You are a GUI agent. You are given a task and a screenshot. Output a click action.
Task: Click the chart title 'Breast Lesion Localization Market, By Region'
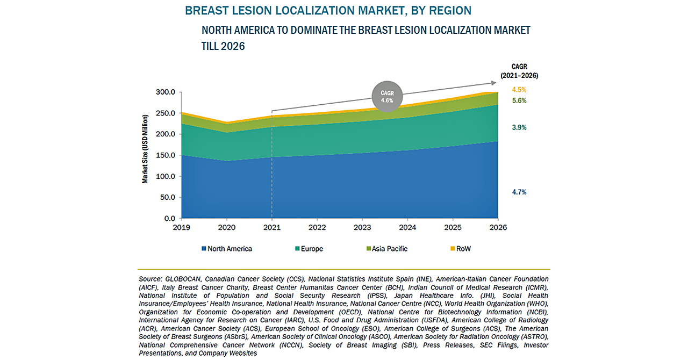coord(328,10)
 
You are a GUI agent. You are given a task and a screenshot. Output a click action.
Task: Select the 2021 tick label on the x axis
coord(272,227)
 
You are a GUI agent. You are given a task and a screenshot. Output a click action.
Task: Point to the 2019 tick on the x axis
coord(182,227)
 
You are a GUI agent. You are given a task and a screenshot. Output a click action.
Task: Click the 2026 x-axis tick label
coord(498,227)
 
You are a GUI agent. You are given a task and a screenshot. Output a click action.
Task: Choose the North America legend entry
coord(226,249)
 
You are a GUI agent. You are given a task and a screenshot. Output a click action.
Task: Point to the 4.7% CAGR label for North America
coord(519,192)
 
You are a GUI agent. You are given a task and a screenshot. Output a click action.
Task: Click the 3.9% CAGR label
coord(519,128)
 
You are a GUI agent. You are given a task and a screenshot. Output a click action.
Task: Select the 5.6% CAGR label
coord(519,101)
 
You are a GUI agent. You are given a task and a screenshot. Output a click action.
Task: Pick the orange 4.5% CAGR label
coord(519,90)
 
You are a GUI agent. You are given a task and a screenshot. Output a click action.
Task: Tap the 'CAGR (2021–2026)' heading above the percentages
coord(519,71)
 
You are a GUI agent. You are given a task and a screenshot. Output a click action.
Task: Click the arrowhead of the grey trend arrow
coord(494,83)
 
